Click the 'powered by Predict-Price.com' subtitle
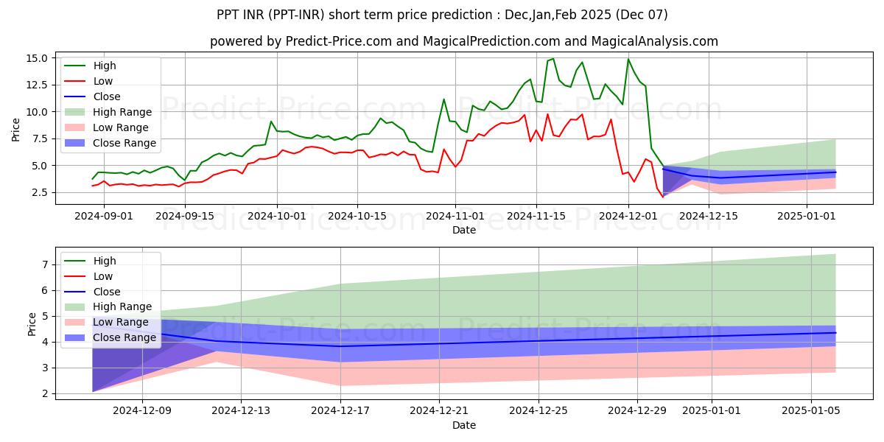click(x=463, y=41)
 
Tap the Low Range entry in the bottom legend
click(x=122, y=322)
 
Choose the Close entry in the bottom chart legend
click(x=108, y=291)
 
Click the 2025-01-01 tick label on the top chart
click(x=807, y=216)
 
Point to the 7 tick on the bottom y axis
click(x=45, y=264)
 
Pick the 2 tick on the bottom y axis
click(x=45, y=393)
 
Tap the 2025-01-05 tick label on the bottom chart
click(x=810, y=410)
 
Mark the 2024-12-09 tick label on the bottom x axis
click(x=142, y=410)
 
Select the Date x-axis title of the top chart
click(x=463, y=230)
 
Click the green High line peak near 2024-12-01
click(x=628, y=59)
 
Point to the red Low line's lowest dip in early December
click(x=662, y=197)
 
